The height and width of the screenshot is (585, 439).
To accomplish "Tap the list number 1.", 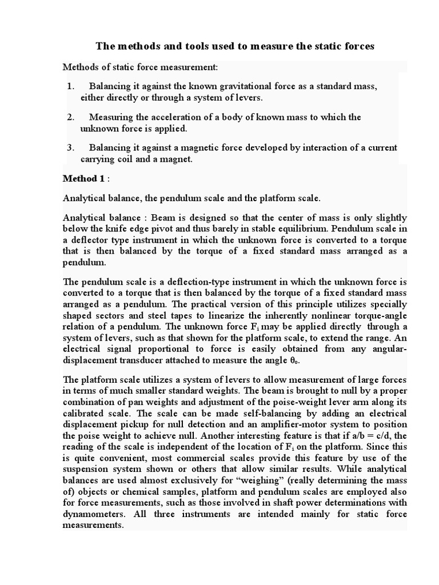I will coord(70,86).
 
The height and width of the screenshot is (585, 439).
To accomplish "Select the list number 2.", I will coord(70,117).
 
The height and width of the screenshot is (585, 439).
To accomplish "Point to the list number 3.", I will coord(70,148).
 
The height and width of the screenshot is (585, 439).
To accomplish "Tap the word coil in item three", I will coord(123,159).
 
